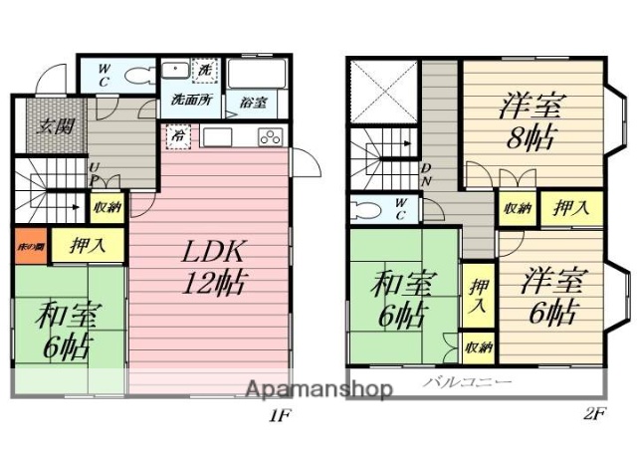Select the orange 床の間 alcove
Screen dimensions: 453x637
[29, 244]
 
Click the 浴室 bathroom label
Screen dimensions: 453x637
[253, 102]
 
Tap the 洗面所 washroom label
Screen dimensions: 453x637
[189, 100]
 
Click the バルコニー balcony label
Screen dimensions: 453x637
[468, 382]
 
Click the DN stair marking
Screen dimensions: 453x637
[426, 174]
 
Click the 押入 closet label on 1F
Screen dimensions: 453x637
[87, 245]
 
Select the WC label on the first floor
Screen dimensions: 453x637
[103, 76]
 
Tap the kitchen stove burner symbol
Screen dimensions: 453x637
[269, 137]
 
